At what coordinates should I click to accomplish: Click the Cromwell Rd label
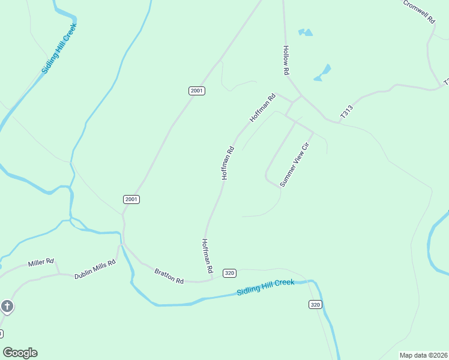click(x=419, y=11)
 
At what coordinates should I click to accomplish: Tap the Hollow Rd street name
click(x=287, y=61)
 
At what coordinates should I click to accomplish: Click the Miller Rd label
click(x=41, y=263)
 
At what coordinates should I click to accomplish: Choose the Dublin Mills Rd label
click(x=94, y=271)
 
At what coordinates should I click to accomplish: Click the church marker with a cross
click(x=7, y=307)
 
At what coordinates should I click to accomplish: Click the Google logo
click(x=20, y=353)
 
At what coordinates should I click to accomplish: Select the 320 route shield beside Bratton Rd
click(x=229, y=273)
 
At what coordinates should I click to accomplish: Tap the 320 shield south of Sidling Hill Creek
click(x=316, y=305)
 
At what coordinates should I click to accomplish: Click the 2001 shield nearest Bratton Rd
click(x=131, y=199)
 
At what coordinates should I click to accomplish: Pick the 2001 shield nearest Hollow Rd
click(x=197, y=91)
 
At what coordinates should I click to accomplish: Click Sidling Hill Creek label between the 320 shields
click(x=265, y=287)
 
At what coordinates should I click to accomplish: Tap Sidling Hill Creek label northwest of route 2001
click(x=60, y=48)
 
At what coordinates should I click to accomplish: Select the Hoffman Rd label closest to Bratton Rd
click(x=208, y=257)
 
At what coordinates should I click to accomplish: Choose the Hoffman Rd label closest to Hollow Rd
click(x=262, y=108)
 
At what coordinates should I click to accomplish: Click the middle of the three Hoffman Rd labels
click(x=228, y=163)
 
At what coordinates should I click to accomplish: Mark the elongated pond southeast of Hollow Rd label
click(x=322, y=73)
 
